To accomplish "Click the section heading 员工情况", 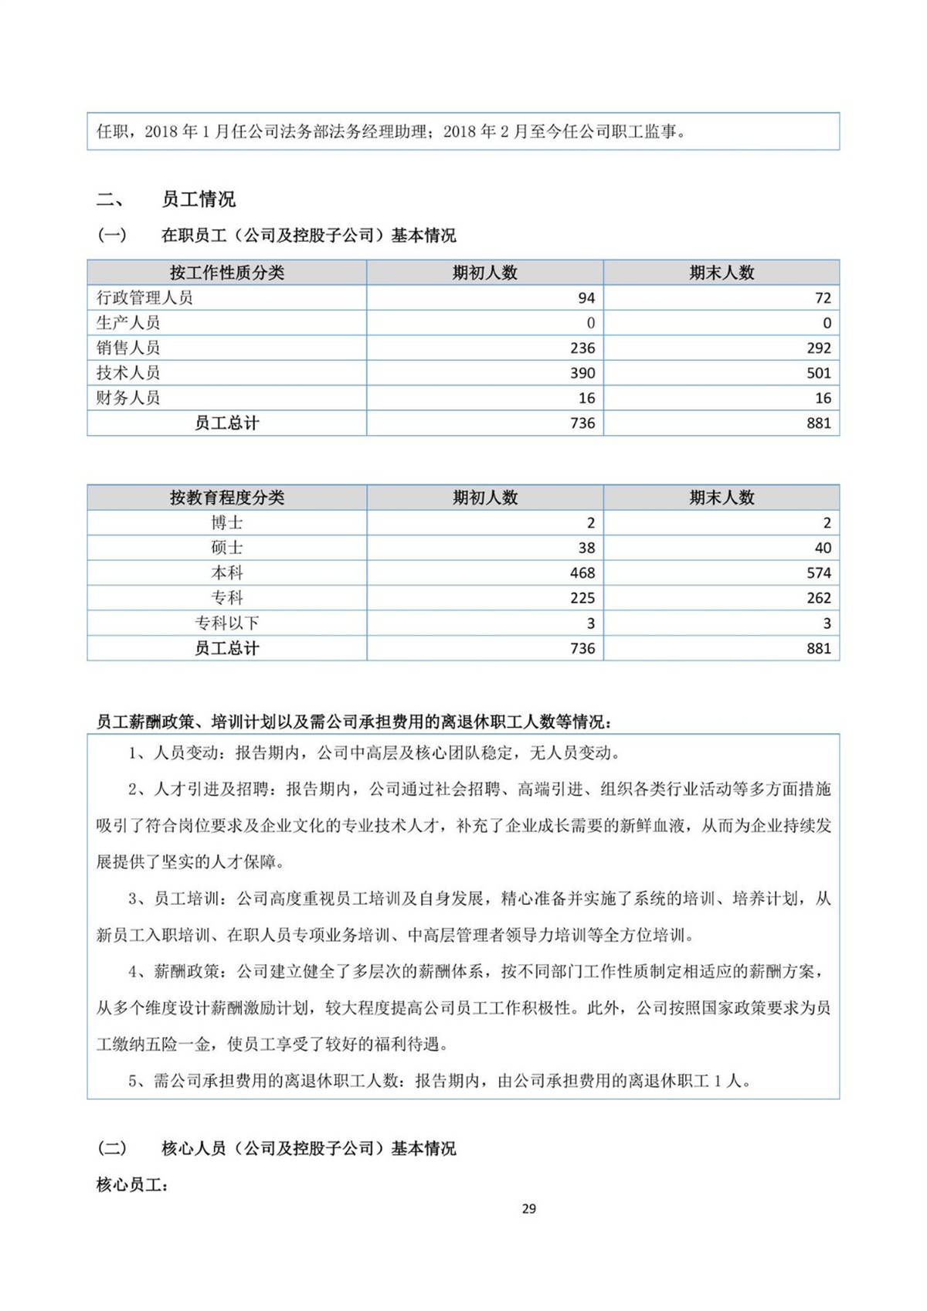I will pos(198,199).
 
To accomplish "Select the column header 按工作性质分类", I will pos(226,273).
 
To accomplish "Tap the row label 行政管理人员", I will pos(144,297).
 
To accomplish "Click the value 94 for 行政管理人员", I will pos(586,298).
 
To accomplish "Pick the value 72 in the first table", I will pos(823,298).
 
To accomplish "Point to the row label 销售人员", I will pos(128,348).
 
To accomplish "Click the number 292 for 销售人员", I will pos(819,348).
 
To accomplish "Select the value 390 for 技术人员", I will pos(582,373).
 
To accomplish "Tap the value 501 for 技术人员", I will pos(819,373).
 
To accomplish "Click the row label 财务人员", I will pos(128,398).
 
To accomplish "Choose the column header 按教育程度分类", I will pos(226,498).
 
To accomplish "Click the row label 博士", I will pos(226,523).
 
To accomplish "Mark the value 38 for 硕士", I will pos(586,548).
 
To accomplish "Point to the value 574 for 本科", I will pos(819,573).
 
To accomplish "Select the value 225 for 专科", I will pos(582,598).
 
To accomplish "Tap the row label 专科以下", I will pos(226,623).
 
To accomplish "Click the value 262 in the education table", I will pos(819,598).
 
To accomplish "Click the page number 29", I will pos(528,1208).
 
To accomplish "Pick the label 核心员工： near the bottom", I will pos(132,1184).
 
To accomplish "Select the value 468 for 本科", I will pos(582,573).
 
